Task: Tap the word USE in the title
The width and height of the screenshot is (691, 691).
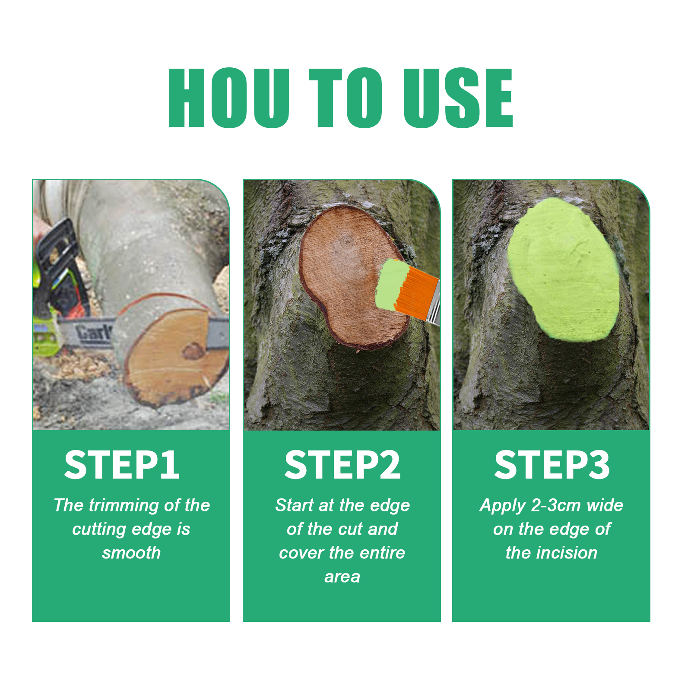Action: click(458, 98)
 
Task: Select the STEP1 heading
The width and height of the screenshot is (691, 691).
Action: click(122, 465)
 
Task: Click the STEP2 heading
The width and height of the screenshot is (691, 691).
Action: click(342, 465)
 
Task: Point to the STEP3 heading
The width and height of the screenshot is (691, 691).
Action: click(552, 465)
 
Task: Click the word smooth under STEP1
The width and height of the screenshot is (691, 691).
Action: click(131, 553)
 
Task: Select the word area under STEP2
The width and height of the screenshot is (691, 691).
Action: click(342, 577)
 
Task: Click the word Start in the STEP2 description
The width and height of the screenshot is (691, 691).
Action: click(295, 505)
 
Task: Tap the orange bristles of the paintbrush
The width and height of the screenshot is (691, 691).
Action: click(415, 292)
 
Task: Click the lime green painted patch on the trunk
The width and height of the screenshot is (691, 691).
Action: click(564, 269)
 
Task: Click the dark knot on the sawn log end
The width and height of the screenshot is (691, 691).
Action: click(193, 351)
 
